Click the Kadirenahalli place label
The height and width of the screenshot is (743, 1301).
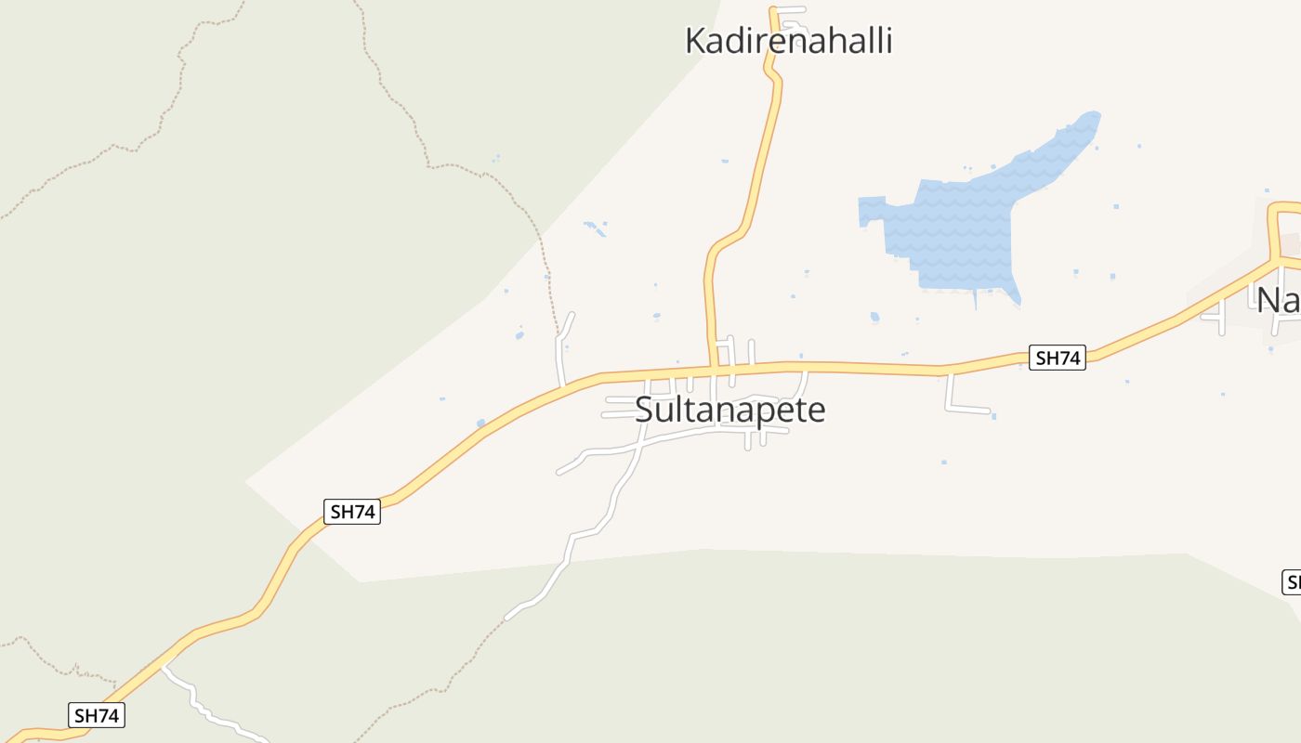(x=788, y=41)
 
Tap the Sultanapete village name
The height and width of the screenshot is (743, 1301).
(x=730, y=410)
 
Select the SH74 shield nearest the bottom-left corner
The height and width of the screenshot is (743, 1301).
(x=97, y=715)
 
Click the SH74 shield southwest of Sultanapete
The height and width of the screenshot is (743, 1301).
(x=353, y=511)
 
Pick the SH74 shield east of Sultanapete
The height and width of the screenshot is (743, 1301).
(x=1058, y=358)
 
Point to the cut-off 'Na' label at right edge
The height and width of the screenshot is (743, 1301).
(x=1279, y=300)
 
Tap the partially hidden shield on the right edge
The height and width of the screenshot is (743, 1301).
(x=1292, y=582)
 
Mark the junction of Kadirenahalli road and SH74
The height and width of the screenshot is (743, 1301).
(x=714, y=370)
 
